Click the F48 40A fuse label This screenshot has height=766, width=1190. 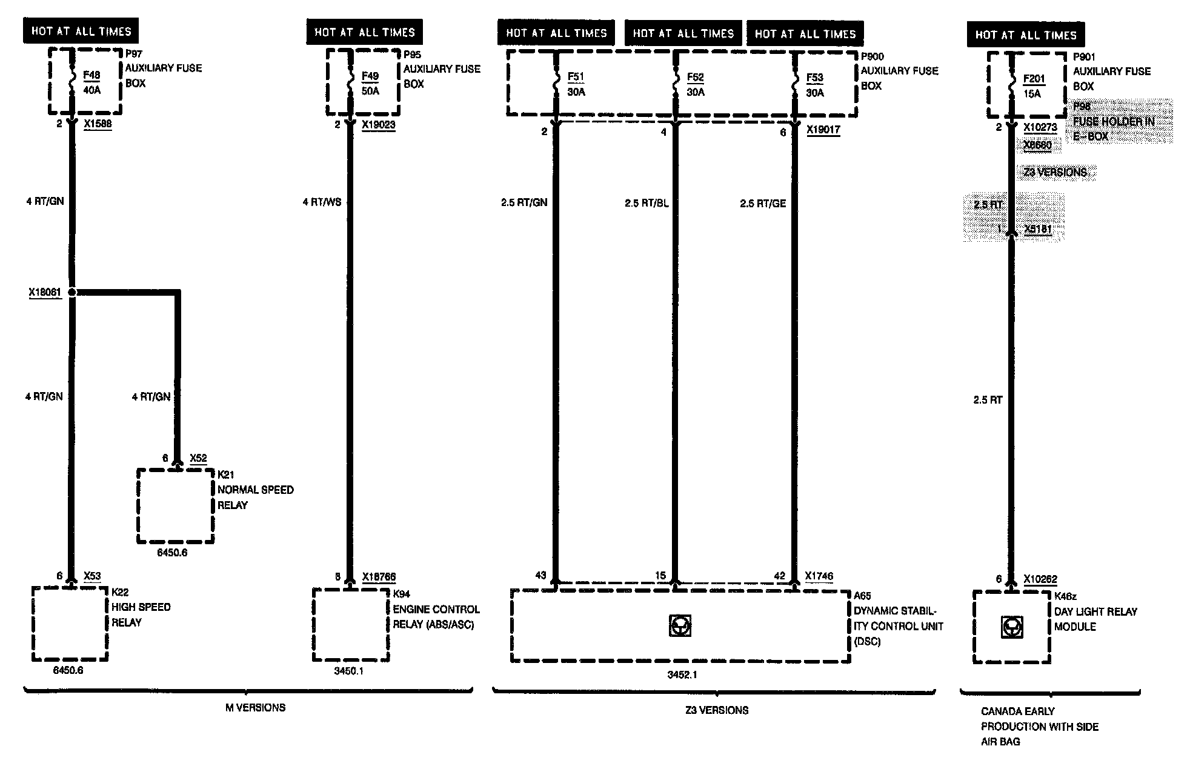pyautogui.click(x=91, y=82)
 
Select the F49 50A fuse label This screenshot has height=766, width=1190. pyautogui.click(x=370, y=83)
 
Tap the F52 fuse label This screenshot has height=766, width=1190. pyautogui.click(x=695, y=78)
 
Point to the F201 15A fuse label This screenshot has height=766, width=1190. pyautogui.click(x=1034, y=86)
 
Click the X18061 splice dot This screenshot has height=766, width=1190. pyautogui.click(x=72, y=292)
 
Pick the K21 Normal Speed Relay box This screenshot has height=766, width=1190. pyautogui.click(x=175, y=505)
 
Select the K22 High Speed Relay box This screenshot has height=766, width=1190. pyautogui.click(x=70, y=624)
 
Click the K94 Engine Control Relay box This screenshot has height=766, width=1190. pyautogui.click(x=350, y=625)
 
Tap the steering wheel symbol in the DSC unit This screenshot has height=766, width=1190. pyautogui.click(x=680, y=626)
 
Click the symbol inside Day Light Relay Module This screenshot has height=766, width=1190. pyautogui.click(x=1011, y=627)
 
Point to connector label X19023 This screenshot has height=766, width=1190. pyautogui.click(x=378, y=125)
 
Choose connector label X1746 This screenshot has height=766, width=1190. pyautogui.click(x=819, y=576)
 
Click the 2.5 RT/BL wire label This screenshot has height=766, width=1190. pyautogui.click(x=647, y=203)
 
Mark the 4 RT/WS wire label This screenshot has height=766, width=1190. pyautogui.click(x=322, y=202)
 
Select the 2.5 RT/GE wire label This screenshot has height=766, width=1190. pyautogui.click(x=762, y=203)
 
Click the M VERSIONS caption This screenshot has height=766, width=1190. pyautogui.click(x=255, y=707)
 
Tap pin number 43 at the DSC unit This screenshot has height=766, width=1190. pyautogui.click(x=540, y=576)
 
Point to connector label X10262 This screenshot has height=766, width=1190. pyautogui.click(x=1040, y=579)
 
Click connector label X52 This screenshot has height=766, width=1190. pyautogui.click(x=198, y=458)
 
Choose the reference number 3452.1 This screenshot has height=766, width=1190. pyautogui.click(x=682, y=674)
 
